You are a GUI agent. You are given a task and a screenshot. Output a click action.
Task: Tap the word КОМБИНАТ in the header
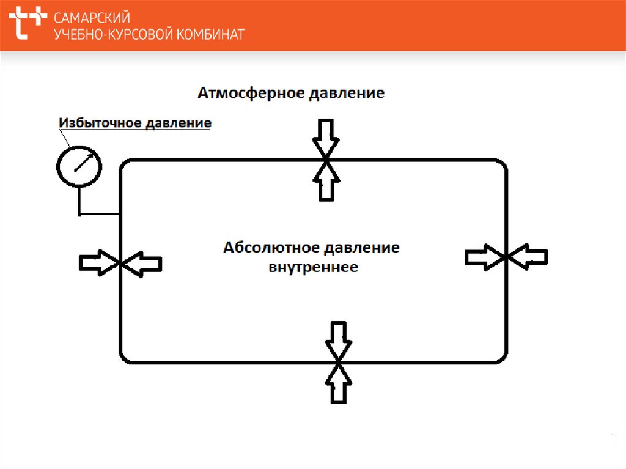[209, 34]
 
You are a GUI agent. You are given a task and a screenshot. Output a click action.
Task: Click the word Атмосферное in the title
[251, 94]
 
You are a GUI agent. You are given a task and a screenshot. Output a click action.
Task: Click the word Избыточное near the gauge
[100, 123]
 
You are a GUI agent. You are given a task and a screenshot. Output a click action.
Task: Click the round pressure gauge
[79, 164]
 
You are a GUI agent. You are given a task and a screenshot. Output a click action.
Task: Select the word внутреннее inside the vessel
[314, 267]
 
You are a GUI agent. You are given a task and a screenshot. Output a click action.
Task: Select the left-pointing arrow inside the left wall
[143, 263]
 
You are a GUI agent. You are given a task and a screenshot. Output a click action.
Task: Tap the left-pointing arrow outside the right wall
[529, 256]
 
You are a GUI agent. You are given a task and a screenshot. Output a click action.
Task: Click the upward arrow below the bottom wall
[338, 384]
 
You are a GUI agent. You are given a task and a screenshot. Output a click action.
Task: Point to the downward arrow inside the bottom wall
[337, 340]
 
